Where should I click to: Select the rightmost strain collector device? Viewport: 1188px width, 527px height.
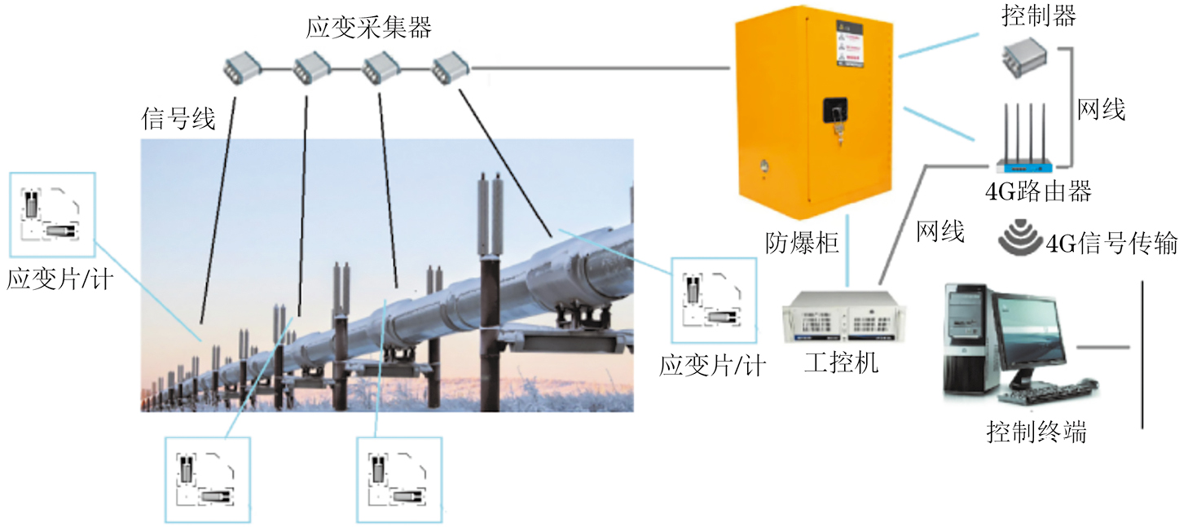tap(449, 66)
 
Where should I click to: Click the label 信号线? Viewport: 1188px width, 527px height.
tap(178, 120)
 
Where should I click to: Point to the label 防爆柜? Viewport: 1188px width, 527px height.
tap(802, 242)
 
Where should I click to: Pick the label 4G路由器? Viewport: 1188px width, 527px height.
tap(1037, 192)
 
